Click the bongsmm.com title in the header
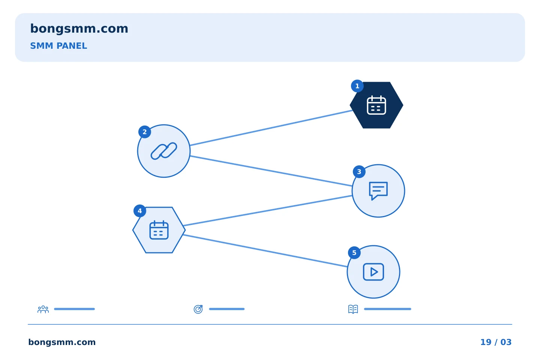[79, 29]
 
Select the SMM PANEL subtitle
[58, 46]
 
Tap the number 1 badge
[357, 86]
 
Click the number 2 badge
[145, 132]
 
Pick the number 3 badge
[359, 172]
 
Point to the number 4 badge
[140, 211]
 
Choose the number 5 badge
[354, 253]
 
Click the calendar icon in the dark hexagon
[376, 105]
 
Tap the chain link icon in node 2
[164, 151]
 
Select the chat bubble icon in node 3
[378, 191]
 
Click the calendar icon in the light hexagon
[159, 230]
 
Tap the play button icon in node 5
[373, 272]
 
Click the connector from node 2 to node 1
[271, 128]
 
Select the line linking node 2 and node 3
[271, 171]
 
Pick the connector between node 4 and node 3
[268, 211]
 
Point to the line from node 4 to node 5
[265, 251]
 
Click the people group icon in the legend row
[43, 309]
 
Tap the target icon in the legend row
[198, 309]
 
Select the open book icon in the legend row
[353, 309]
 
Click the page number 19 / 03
[496, 342]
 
